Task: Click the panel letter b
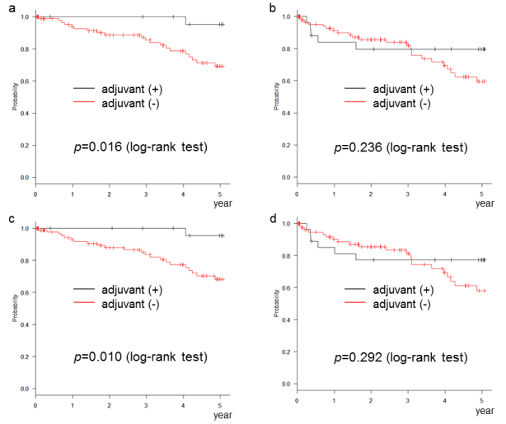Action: [272, 6]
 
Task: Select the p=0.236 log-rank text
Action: [400, 148]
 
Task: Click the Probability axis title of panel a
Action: [16, 97]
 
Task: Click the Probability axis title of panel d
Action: [278, 304]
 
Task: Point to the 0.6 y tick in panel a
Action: [25, 81]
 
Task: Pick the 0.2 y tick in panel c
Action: [25, 356]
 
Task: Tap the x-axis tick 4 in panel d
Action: [445, 401]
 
